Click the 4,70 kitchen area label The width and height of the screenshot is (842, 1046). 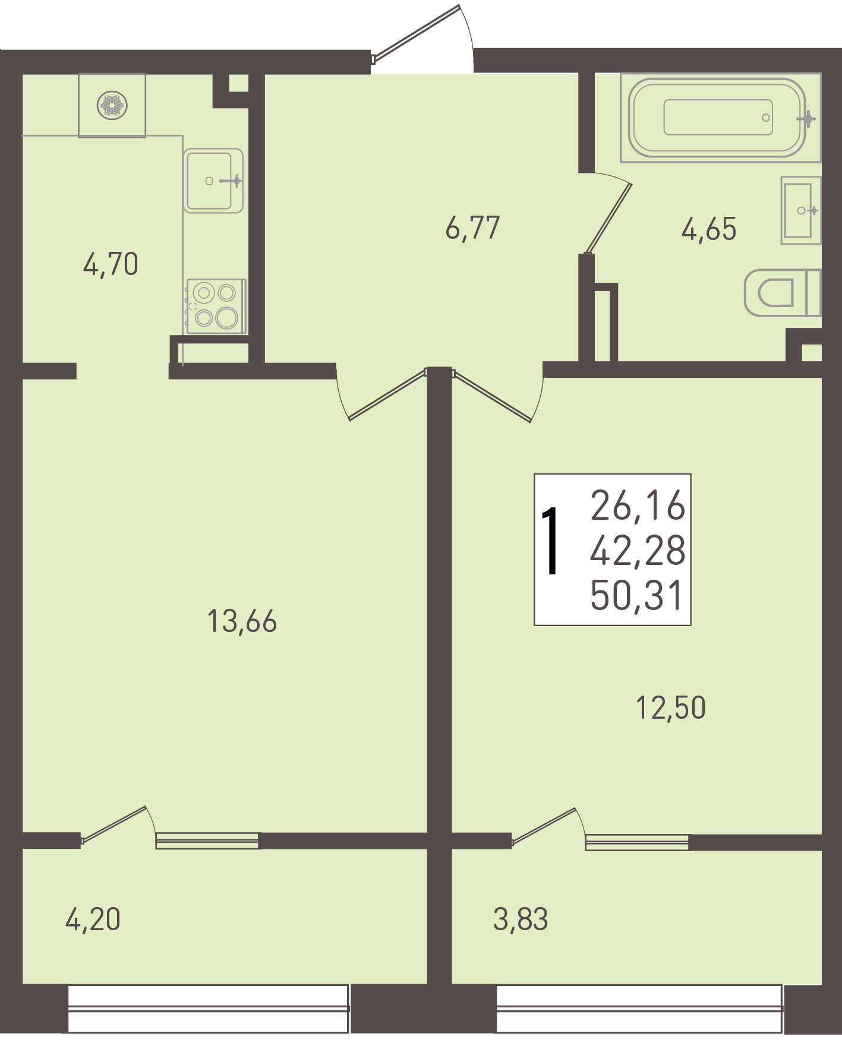point(111,264)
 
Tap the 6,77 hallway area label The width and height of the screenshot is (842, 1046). point(473,228)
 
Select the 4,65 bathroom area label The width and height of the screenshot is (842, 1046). point(709,229)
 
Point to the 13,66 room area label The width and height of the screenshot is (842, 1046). point(242,621)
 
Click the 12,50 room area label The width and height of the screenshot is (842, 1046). point(671,708)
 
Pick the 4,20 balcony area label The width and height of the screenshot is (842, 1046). point(93,919)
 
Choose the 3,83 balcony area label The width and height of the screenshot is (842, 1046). point(521,919)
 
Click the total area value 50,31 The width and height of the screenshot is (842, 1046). point(637,596)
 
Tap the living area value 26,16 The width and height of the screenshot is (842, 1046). point(638,506)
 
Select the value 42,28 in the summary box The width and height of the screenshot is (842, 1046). point(638,551)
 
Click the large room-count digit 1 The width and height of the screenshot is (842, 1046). point(551,541)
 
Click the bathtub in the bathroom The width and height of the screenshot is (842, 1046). point(720,118)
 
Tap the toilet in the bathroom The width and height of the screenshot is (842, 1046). point(783,292)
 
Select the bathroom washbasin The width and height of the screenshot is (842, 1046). point(800,210)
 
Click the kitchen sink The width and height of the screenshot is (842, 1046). point(213,181)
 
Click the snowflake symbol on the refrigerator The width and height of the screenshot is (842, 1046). point(112,106)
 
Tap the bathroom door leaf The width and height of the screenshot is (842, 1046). point(608,219)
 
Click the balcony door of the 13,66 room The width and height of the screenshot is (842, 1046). point(113,824)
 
